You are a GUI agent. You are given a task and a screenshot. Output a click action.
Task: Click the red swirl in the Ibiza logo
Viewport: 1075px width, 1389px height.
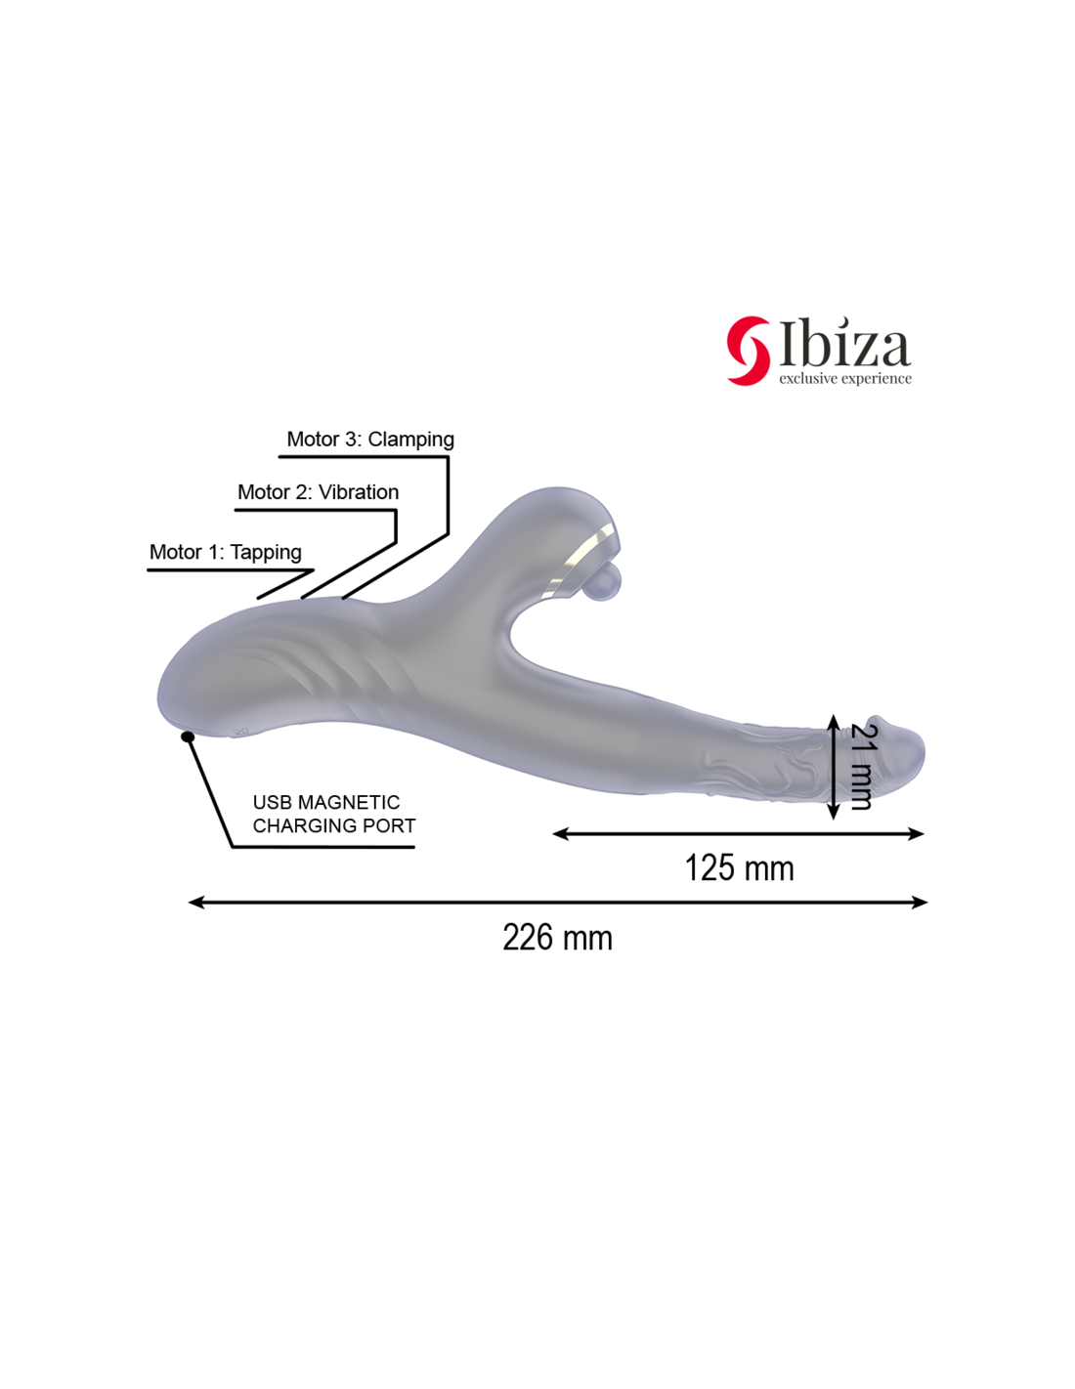pyautogui.click(x=747, y=351)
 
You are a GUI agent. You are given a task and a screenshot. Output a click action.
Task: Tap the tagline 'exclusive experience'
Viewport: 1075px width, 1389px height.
pyautogui.click(x=844, y=378)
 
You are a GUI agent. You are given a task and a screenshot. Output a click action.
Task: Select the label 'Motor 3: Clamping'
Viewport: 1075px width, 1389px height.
pyautogui.click(x=369, y=440)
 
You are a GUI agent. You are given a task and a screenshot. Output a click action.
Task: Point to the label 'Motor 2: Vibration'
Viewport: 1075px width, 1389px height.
pyautogui.click(x=318, y=492)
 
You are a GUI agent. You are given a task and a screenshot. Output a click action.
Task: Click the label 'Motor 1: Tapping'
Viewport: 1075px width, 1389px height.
pyautogui.click(x=225, y=552)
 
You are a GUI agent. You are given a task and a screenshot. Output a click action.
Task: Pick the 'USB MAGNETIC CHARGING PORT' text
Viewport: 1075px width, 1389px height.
pyautogui.click(x=334, y=814)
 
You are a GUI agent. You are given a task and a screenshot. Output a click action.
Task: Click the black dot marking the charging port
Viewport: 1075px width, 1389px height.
pyautogui.click(x=188, y=737)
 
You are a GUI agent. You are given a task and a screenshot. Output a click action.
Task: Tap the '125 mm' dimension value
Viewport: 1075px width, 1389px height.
pyautogui.click(x=739, y=868)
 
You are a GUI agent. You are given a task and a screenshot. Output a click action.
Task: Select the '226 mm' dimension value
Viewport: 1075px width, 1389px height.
pyautogui.click(x=557, y=938)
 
